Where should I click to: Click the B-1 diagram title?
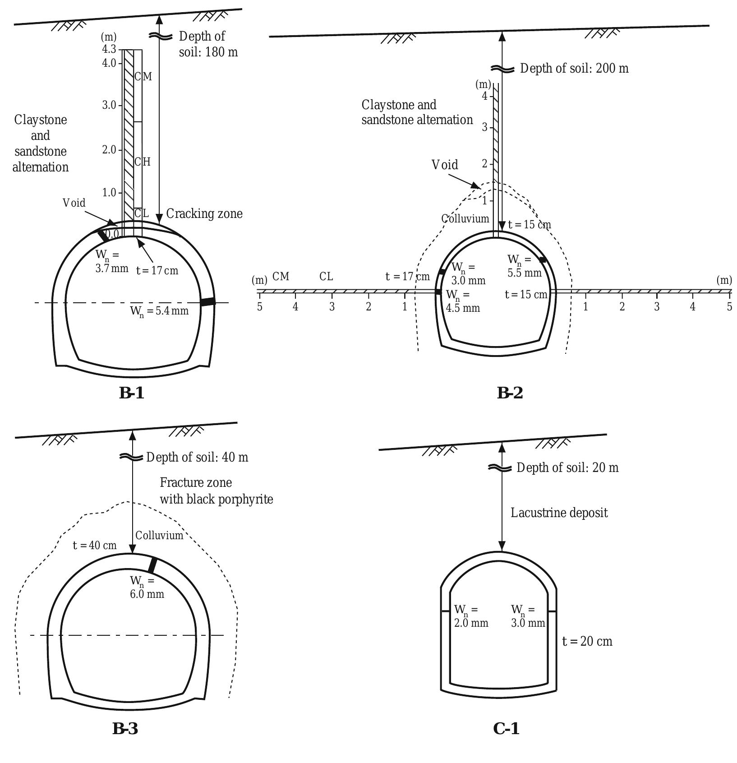pyautogui.click(x=131, y=393)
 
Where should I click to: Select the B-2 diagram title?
pyautogui.click(x=510, y=393)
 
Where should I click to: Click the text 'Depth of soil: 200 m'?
pyautogui.click(x=574, y=69)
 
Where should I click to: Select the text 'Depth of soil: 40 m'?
pyautogui.click(x=197, y=457)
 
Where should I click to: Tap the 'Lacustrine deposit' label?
pyautogui.click(x=559, y=513)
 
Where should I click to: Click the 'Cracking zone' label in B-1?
pyautogui.click(x=204, y=214)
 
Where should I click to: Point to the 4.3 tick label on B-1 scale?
pyautogui.click(x=109, y=49)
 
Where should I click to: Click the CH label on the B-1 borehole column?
pyautogui.click(x=143, y=162)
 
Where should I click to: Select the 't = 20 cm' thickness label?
pyautogui.click(x=587, y=641)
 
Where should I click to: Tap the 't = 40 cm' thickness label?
pyautogui.click(x=95, y=546)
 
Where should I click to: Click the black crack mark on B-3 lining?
pyautogui.click(x=153, y=565)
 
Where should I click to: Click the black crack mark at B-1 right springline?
pyautogui.click(x=207, y=302)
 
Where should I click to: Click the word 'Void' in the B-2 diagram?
pyautogui.click(x=445, y=165)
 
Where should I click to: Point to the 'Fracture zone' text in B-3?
pyautogui.click(x=196, y=483)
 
